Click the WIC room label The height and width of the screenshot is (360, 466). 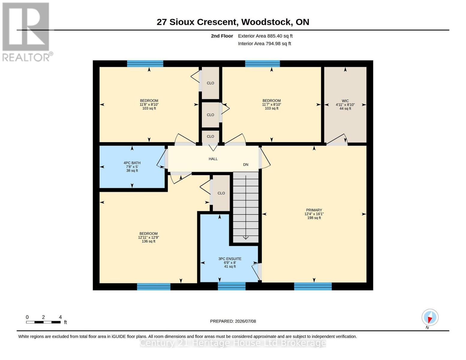point(345,101)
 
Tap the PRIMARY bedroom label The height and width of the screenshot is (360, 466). point(314,210)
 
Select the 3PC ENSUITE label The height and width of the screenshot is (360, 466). point(230,259)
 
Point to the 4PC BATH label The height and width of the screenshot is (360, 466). point(132,163)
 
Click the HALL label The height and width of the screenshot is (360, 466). point(213,159)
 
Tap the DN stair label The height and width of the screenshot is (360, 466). point(245,165)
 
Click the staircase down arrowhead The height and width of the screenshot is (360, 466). point(245,238)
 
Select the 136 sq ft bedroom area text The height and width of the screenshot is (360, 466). point(149,241)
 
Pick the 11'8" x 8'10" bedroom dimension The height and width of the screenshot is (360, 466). point(149,105)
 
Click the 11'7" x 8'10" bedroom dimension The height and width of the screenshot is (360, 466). point(272,105)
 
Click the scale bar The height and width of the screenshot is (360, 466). point(43,322)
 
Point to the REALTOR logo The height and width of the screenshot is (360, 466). point(27,32)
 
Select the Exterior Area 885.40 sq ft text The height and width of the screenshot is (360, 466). point(265,36)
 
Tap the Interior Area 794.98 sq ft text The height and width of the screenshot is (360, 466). point(264,43)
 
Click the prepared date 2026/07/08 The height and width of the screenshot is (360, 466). point(245,321)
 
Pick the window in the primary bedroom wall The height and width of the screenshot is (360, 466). point(313,286)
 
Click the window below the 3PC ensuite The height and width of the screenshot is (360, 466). point(232,286)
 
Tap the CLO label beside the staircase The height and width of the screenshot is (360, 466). point(221,193)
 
